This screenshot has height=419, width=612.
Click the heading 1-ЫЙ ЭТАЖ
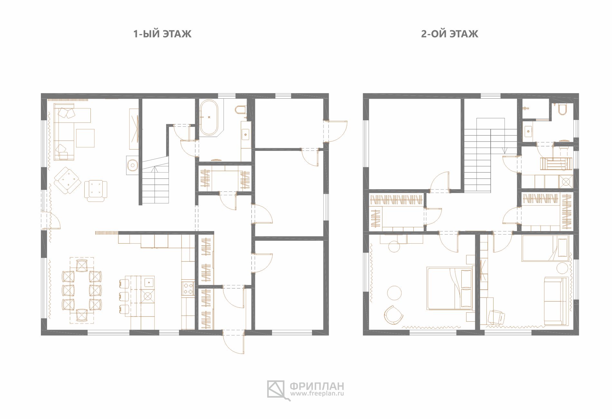coord(162,34)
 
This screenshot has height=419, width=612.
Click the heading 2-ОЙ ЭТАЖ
coord(449,34)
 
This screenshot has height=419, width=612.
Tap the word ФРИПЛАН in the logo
coord(317,385)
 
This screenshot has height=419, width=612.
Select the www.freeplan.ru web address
coord(317,394)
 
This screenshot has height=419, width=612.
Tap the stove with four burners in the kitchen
coord(188,288)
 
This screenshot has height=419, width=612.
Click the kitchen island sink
coord(149,282)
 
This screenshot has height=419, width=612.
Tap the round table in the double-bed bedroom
coord(394,293)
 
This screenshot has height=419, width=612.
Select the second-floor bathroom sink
coord(527,131)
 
